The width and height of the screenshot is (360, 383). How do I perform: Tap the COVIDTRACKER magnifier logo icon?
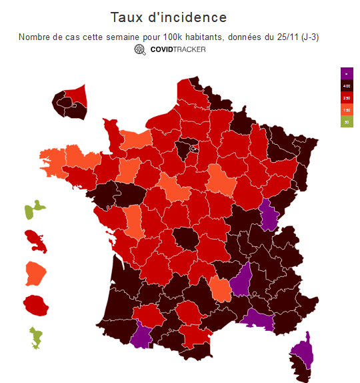140,49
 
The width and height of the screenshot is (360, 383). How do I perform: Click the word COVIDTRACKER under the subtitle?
178,49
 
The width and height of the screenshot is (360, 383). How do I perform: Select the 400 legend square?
346,85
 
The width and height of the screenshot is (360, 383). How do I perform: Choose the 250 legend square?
346,97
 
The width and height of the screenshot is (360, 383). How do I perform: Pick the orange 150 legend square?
346,109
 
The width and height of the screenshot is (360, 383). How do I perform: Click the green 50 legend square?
346,121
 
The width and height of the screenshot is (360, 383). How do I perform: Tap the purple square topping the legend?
346,73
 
